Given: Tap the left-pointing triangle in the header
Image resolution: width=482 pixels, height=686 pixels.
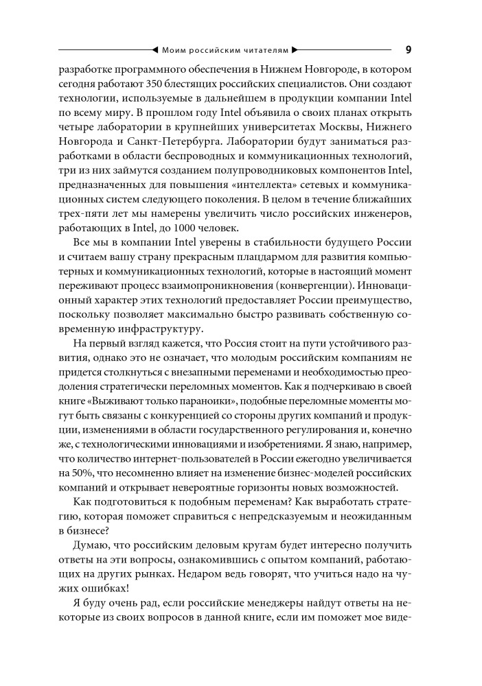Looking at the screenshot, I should [x=153, y=50].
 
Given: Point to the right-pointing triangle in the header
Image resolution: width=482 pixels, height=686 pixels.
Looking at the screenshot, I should [x=295, y=50].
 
